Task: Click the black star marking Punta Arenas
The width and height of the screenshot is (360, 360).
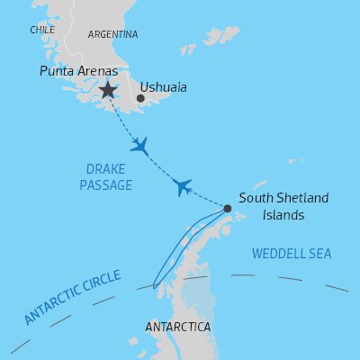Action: [x=108, y=89]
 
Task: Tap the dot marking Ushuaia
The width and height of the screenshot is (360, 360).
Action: [x=140, y=98]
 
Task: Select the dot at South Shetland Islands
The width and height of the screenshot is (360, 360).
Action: [x=227, y=209]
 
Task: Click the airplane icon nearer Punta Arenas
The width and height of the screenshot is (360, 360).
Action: [x=139, y=145]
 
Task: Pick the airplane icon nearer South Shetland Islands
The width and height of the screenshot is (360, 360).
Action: [x=183, y=186]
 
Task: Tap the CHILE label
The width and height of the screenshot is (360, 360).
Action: [x=42, y=31]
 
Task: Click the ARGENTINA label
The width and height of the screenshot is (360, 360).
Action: [x=113, y=34]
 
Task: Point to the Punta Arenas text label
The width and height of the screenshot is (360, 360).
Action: [x=79, y=70]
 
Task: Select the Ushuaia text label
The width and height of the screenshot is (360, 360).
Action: [x=168, y=88]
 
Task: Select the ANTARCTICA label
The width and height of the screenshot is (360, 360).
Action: [x=178, y=326]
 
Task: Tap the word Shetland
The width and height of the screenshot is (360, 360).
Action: [x=303, y=198]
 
